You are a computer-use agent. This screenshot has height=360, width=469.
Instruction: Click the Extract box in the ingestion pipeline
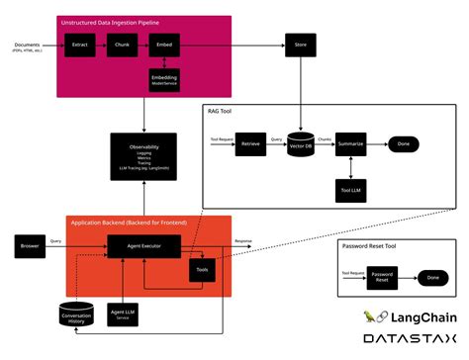(x=78, y=45)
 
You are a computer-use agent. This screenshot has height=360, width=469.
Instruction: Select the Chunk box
(x=122, y=45)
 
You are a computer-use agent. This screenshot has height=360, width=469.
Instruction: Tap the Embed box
(x=164, y=45)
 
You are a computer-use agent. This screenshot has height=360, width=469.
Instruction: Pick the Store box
(x=299, y=45)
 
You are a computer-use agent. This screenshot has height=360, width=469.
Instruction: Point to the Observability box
(x=144, y=156)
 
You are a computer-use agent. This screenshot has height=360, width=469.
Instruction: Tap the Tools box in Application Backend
(x=202, y=266)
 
